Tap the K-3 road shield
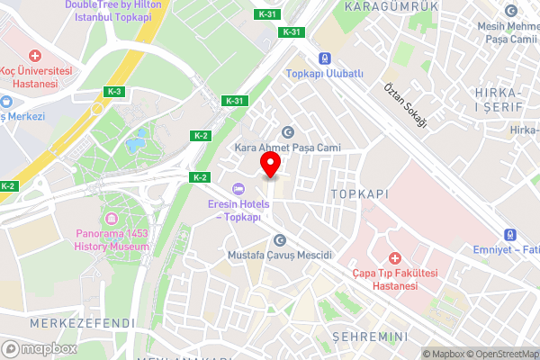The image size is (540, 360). (114, 91)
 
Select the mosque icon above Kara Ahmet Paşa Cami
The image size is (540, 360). (288, 131)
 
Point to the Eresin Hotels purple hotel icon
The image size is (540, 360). (238, 188)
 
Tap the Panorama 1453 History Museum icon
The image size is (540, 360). (112, 219)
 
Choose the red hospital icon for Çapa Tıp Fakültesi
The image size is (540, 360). (393, 258)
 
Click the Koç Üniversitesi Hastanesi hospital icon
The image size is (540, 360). (35, 56)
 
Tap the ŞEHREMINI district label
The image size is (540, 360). (371, 336)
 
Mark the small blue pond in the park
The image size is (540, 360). (137, 141)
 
